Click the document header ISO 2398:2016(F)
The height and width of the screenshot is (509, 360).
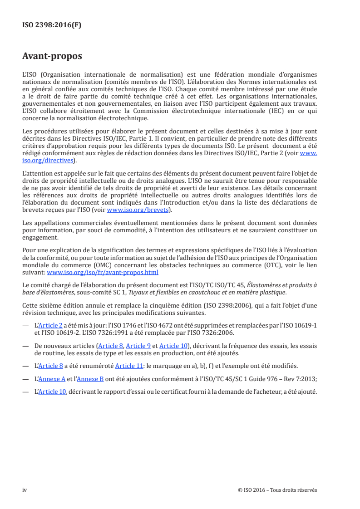[x=52, y=25]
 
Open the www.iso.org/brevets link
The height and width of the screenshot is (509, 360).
[x=138, y=210]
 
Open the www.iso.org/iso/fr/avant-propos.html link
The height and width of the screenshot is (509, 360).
[x=103, y=273]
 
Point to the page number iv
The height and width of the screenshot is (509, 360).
[x=25, y=490]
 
